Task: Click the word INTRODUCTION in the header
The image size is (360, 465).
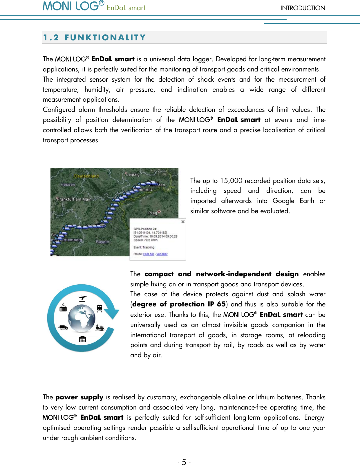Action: (303, 8)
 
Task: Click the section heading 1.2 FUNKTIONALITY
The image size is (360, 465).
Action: (94, 38)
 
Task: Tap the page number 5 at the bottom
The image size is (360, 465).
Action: (184, 462)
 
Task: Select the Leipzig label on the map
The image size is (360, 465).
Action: (133, 175)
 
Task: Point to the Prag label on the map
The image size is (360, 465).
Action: (153, 213)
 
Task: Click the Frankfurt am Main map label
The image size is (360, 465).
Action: (75, 200)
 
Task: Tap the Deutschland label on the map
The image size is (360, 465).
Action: (86, 176)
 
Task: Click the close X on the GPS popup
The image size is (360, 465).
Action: (183, 222)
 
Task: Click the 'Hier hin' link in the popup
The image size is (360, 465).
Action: (149, 254)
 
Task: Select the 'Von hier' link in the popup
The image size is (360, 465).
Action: (162, 254)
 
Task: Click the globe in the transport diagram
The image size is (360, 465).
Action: (82, 318)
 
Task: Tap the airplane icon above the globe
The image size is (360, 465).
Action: (83, 298)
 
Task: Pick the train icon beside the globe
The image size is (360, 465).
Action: (100, 308)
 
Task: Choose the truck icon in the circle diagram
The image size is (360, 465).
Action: (63, 328)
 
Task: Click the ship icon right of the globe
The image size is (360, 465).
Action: (100, 327)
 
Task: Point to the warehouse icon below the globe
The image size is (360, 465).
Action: (82, 339)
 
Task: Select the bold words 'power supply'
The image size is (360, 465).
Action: (79, 397)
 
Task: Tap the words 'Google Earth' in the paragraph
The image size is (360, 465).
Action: (293, 201)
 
